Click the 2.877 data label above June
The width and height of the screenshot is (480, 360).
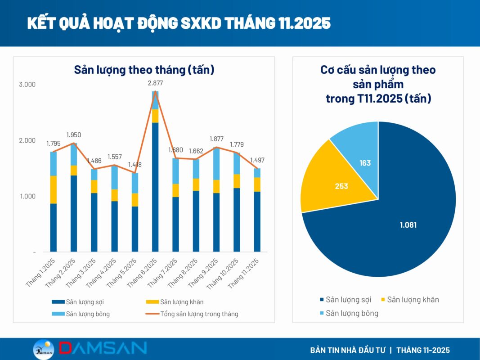coord(155,83)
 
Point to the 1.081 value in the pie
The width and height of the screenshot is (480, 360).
coord(408,225)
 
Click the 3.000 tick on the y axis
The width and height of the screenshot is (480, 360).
coord(27,85)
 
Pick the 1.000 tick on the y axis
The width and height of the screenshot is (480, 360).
coord(27,196)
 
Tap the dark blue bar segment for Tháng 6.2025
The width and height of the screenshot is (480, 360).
coord(155,187)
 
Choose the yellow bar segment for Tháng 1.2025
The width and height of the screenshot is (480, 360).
coord(54,189)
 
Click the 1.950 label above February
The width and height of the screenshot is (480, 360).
coord(74,135)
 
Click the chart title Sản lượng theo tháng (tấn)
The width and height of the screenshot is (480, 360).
coord(144,70)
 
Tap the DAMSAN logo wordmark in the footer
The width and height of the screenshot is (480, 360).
coord(103,348)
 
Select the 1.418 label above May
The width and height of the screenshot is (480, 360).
coord(135,165)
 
